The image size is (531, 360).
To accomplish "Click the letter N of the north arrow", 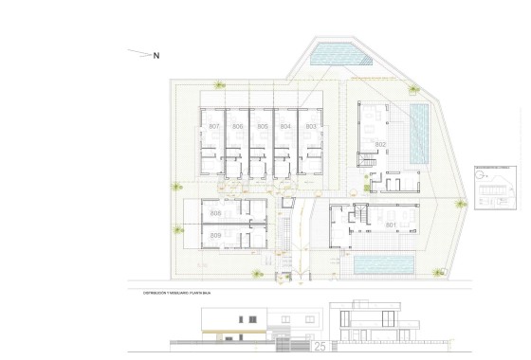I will pos(156,55).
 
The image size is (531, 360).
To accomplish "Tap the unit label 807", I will pos(213,127).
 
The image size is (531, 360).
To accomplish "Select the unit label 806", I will pos(238,127).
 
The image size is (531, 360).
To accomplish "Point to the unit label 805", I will pos(262,127).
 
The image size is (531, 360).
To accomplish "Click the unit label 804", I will pos(285,127).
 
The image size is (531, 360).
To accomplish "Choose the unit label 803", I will pos(310,127).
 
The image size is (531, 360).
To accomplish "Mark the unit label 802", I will pos(380,145).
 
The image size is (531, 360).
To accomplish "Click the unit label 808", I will pos(215,213).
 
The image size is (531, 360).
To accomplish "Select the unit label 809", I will pos(215,235).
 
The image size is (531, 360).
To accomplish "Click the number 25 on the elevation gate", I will pos(319,348).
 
